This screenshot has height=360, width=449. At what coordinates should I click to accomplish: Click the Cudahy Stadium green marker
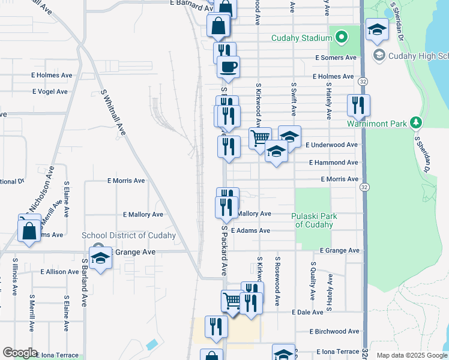pyautogui.click(x=341, y=38)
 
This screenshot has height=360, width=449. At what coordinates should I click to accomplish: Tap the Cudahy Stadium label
pyautogui.click(x=301, y=38)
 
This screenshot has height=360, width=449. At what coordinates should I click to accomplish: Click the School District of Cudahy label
pyautogui.click(x=128, y=236)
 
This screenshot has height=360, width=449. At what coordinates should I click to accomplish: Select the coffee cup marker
pyautogui.click(x=228, y=67)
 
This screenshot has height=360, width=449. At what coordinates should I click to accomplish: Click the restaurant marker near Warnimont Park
pyautogui.click(x=358, y=106)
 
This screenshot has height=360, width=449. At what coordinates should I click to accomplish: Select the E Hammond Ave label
pyautogui.click(x=334, y=163)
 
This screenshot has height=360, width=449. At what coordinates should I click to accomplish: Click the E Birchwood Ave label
pyautogui.click(x=334, y=331)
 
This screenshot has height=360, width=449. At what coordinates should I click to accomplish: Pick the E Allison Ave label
pyautogui.click(x=60, y=272)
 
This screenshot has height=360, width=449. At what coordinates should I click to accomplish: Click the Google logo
pyautogui.click(x=20, y=353)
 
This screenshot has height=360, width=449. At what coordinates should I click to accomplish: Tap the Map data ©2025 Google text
pyautogui.click(x=412, y=355)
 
